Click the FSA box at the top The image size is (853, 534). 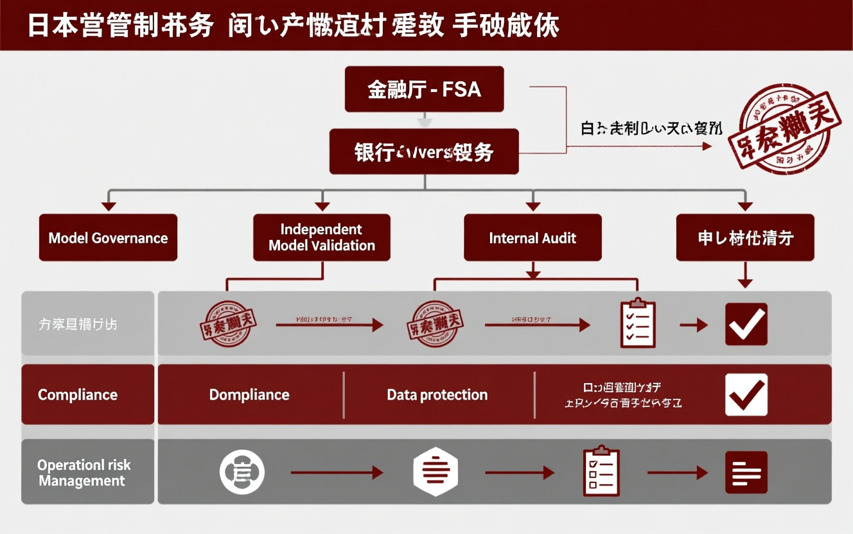click(424, 89)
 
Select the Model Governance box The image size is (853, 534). click(108, 237)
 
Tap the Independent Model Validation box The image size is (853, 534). click(321, 237)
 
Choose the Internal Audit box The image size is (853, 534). click(532, 237)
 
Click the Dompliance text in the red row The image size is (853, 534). click(249, 395)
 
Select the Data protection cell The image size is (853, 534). click(437, 395)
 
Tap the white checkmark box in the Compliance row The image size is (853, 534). click(746, 394)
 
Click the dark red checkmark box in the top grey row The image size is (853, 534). click(746, 324)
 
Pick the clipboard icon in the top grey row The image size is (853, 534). click(637, 323)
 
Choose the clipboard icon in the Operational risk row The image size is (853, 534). click(601, 471)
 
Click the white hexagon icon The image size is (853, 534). click(435, 472)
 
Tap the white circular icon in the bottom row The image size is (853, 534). click(242, 472)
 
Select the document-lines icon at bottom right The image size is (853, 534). click(746, 472)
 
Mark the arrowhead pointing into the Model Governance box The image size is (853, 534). click(109, 206)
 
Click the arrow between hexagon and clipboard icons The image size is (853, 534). click(519, 473)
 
